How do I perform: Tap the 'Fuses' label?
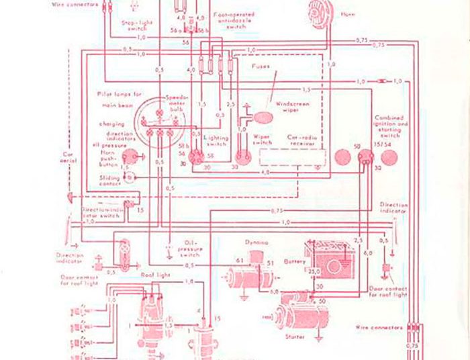click(x=261, y=67)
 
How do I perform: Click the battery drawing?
click(x=330, y=259)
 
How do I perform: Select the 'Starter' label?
click(x=295, y=336)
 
